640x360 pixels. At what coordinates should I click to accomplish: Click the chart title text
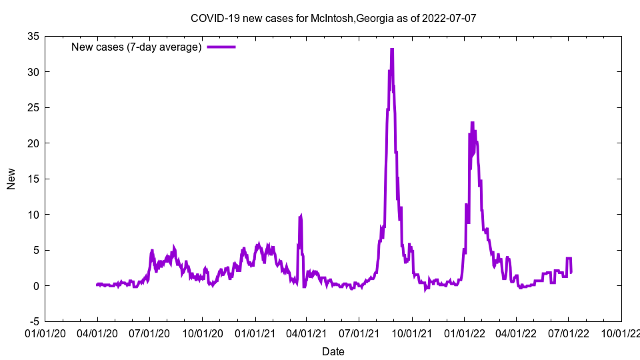(x=333, y=18)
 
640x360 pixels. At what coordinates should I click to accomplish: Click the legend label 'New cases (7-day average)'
(x=137, y=47)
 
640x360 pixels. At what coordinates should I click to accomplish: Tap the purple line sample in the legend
(x=221, y=47)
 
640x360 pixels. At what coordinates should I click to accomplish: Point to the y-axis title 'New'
(x=11, y=179)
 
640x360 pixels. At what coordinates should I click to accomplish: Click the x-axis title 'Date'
(x=333, y=351)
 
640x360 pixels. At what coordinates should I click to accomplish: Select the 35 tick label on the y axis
(x=32, y=36)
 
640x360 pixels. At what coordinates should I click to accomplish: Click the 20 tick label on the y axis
(x=32, y=143)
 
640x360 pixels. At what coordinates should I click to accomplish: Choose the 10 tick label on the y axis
(x=32, y=215)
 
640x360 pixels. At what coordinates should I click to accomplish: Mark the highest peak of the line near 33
(x=392, y=50)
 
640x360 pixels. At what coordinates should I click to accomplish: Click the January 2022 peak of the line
(x=472, y=123)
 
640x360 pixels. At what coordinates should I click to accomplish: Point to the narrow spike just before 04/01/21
(x=301, y=216)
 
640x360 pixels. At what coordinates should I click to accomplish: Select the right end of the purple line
(x=571, y=272)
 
